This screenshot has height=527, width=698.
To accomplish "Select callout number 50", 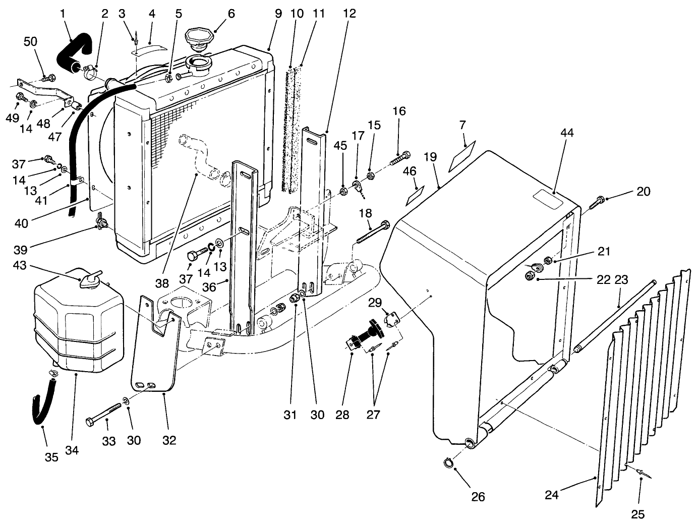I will (31, 41).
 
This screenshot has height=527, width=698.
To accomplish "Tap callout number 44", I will (567, 133).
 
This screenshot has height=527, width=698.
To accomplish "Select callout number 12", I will (350, 14).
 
